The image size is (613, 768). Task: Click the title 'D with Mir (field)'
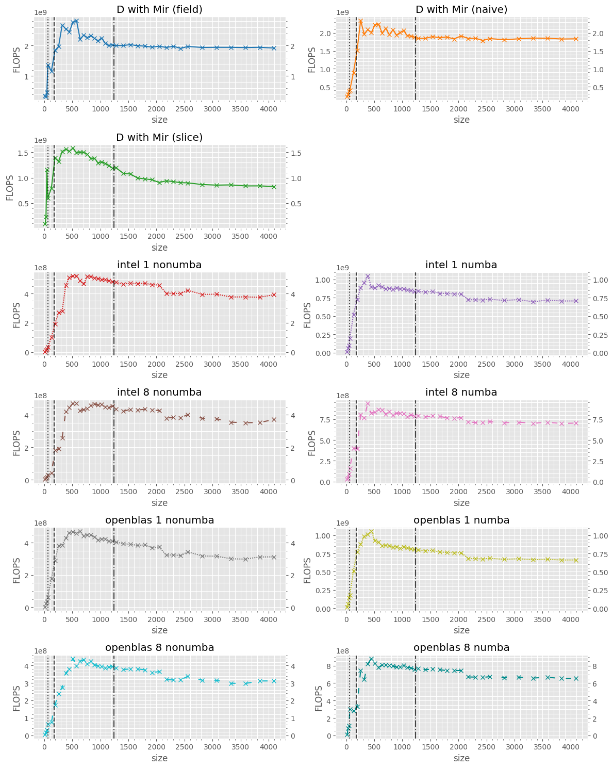(x=159, y=9)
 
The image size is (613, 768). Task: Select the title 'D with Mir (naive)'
(x=461, y=9)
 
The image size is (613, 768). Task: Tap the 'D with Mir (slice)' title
(x=159, y=137)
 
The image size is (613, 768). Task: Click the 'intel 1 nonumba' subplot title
(x=159, y=265)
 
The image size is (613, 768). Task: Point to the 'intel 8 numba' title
(x=461, y=393)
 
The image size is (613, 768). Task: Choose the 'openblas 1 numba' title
(x=461, y=520)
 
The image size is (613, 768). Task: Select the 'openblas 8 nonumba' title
(x=159, y=647)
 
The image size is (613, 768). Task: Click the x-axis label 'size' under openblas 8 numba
(x=461, y=758)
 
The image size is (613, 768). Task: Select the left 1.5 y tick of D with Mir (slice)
(x=25, y=153)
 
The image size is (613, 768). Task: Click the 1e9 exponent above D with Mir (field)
(x=41, y=12)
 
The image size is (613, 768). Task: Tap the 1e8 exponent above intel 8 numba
(x=343, y=396)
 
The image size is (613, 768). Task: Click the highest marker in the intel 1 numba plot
(x=368, y=276)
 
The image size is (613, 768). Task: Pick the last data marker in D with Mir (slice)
(x=274, y=187)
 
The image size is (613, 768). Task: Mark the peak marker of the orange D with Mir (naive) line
(x=360, y=22)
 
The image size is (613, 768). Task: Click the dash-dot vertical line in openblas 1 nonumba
(x=114, y=567)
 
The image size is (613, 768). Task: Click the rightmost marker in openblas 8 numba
(x=576, y=679)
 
